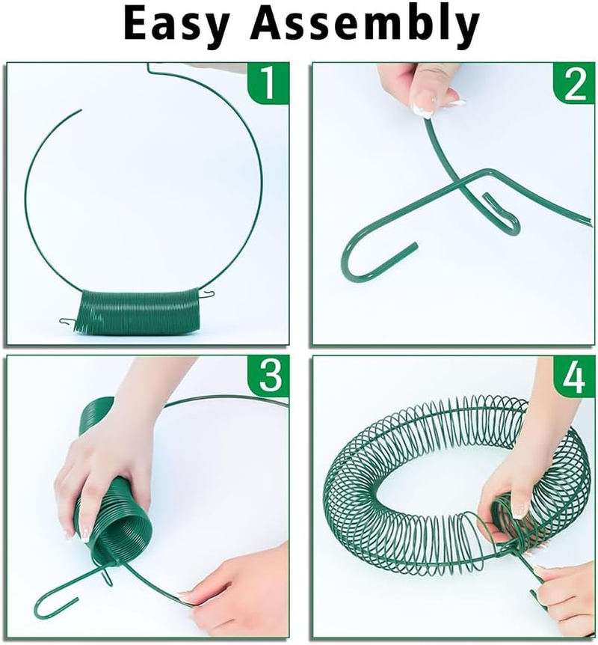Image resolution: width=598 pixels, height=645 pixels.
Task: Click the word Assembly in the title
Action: coord(365,25)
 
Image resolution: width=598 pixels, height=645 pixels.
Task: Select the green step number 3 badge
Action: coord(270,377)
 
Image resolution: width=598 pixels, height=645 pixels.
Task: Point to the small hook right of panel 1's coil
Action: coord(211,293)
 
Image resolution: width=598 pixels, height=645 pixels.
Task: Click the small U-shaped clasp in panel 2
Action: coord(497,208)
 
